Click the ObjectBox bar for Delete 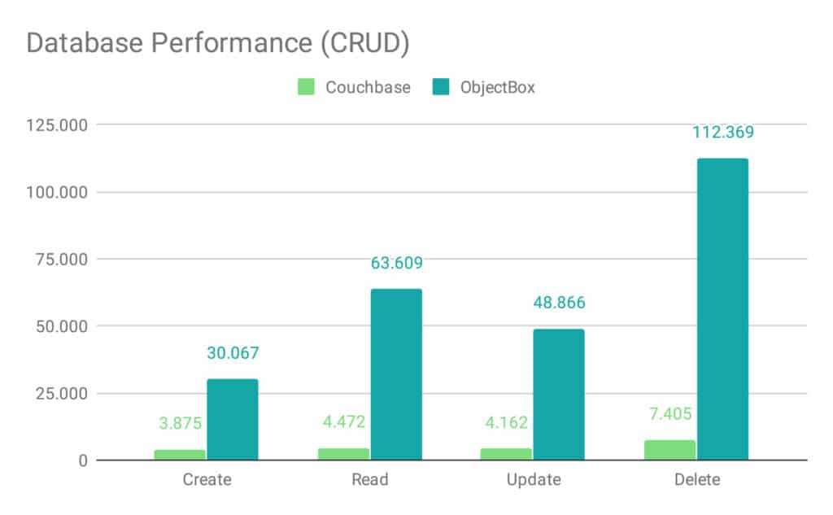pyautogui.click(x=722, y=309)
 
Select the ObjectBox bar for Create pyautogui.click(x=233, y=420)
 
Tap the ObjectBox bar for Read pyautogui.click(x=396, y=374)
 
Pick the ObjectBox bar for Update pyautogui.click(x=559, y=395)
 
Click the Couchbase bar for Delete pyautogui.click(x=670, y=451)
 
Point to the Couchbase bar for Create pyautogui.click(x=180, y=455)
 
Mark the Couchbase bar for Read pyautogui.click(x=343, y=454)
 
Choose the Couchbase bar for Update pyautogui.click(x=506, y=454)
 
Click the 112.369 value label pyautogui.click(x=723, y=132)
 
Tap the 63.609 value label pyautogui.click(x=396, y=263)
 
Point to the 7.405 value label pyautogui.click(x=670, y=413)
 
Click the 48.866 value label pyautogui.click(x=559, y=303)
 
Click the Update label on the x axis pyautogui.click(x=534, y=479)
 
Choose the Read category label pyautogui.click(x=370, y=479)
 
